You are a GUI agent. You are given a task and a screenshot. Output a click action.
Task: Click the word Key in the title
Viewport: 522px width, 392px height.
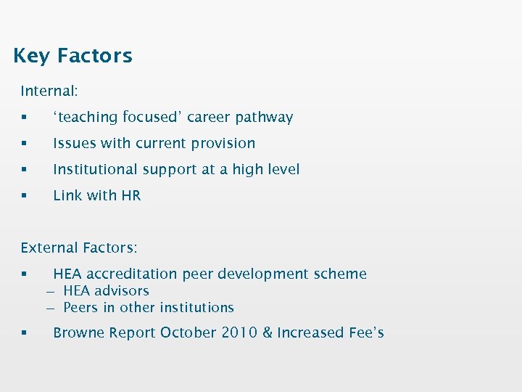(x=31, y=56)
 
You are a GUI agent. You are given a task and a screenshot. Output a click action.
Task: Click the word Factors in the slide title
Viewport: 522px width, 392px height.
(x=94, y=56)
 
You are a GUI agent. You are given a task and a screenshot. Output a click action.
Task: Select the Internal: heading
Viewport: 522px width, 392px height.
(x=49, y=91)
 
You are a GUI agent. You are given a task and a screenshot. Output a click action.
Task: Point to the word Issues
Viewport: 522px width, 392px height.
(x=72, y=144)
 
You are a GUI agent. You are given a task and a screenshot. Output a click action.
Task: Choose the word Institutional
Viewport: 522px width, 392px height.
(x=95, y=170)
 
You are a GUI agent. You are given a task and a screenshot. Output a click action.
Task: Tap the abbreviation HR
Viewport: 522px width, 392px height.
(x=132, y=196)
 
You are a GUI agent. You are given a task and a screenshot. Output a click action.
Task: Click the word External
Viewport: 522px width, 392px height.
(x=48, y=248)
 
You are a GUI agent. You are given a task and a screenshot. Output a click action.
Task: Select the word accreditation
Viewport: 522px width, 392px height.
(x=133, y=274)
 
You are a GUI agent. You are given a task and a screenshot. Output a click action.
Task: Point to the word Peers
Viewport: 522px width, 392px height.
(x=80, y=308)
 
